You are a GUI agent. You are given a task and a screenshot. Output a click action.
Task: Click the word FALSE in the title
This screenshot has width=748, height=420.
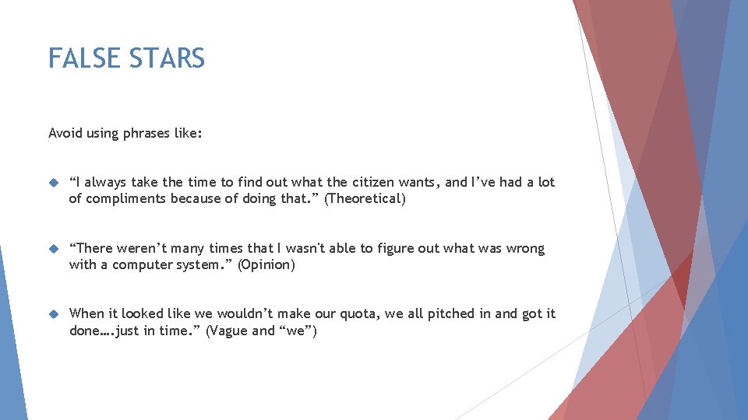[81, 58]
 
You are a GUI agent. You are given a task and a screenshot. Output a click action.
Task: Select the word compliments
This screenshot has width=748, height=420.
[125, 199]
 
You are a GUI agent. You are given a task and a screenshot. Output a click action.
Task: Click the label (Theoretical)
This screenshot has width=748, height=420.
[365, 199]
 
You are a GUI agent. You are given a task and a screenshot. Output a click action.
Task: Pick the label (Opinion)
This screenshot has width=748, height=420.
[266, 265]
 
